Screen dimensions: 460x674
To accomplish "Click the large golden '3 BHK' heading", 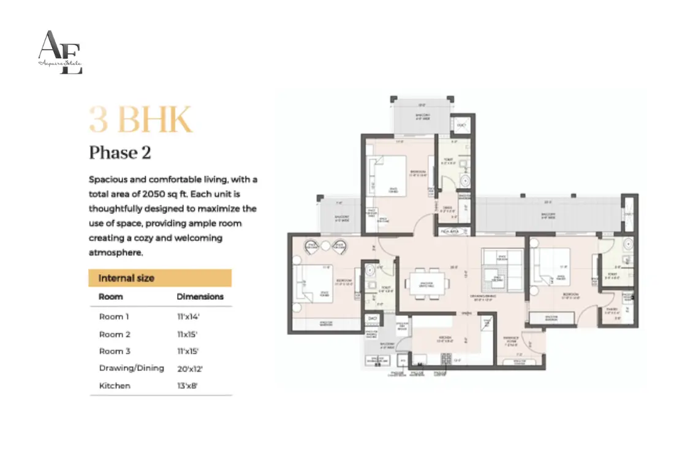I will click(140, 120).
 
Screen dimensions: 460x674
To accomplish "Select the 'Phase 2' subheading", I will click(119, 153).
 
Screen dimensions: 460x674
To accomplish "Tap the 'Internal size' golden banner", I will click(160, 278).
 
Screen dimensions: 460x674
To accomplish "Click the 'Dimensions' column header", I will click(200, 297).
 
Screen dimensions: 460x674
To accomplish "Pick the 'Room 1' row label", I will click(115, 317).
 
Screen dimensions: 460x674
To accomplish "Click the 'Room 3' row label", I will click(115, 351).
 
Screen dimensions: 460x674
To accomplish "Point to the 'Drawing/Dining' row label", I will click(131, 369).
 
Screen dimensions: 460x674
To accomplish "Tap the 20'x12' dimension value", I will click(191, 369).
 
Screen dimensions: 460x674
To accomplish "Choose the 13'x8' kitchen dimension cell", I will click(188, 386).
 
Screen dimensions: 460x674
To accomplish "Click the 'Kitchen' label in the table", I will click(115, 386).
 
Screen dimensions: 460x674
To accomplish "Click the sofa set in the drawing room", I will click(500, 270).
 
